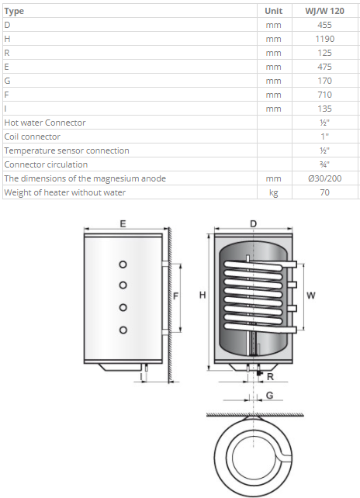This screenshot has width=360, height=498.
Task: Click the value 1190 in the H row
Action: pos(324,39)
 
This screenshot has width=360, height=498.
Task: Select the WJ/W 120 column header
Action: pos(324,11)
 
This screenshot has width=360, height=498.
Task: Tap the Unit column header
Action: pos(273,11)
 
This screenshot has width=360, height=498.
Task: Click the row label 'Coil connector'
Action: pos(32,137)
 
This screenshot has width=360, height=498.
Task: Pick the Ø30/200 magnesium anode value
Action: pos(324,178)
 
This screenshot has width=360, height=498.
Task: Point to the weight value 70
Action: pos(324,192)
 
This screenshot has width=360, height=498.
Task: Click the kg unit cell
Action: pos(273,193)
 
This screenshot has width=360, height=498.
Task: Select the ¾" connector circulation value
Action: pos(324,164)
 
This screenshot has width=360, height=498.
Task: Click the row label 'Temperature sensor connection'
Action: pos(67,150)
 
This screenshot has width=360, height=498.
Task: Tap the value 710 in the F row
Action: pos(324,95)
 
